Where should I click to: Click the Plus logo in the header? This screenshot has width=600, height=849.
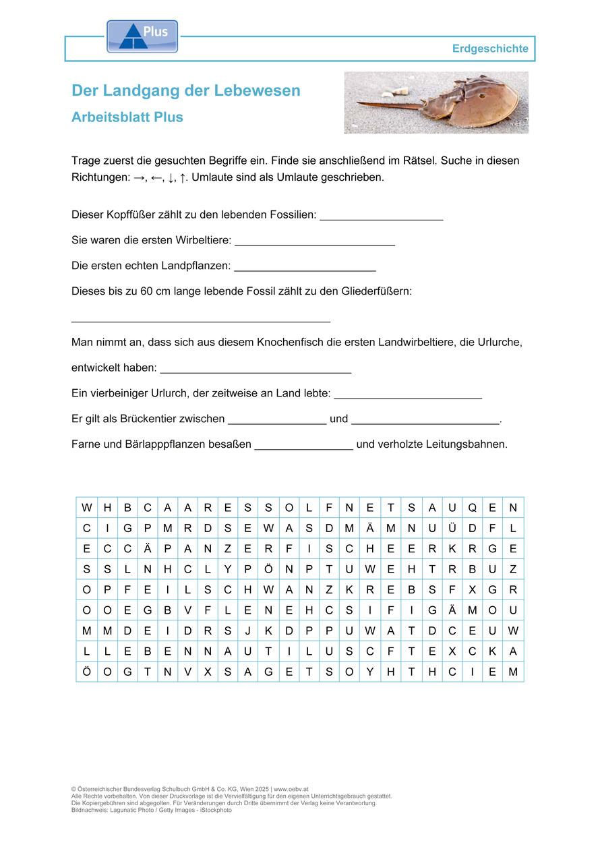click(142, 36)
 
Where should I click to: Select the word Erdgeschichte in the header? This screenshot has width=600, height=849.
click(490, 49)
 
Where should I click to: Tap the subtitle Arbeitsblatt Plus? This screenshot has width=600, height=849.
click(127, 117)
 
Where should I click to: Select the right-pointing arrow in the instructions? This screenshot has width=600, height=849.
click(140, 178)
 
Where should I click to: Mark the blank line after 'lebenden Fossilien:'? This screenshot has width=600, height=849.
click(381, 218)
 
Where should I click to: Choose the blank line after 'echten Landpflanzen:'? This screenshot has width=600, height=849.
click(305, 269)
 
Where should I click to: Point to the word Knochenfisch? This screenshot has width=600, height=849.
click(288, 343)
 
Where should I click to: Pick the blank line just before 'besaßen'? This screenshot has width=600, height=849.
click(304, 448)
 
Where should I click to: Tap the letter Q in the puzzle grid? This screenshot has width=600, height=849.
click(473, 507)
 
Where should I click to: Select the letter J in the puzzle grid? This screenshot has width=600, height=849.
click(248, 631)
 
